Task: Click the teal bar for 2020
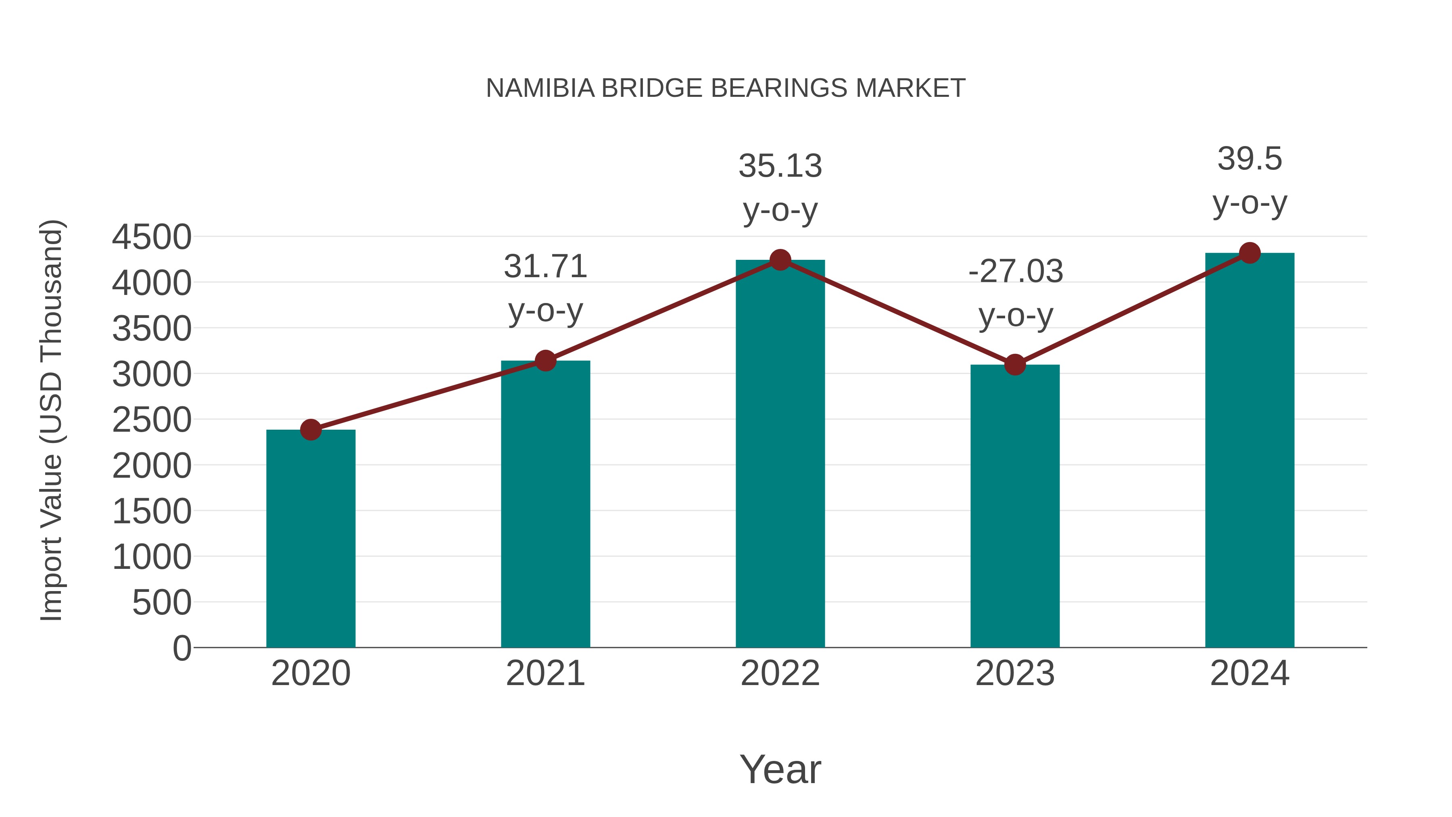311,539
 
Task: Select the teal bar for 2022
780,453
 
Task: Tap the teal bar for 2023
1015,506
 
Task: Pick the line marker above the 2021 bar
545,360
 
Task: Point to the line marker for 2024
1250,253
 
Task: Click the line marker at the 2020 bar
311,430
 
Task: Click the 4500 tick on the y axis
152,237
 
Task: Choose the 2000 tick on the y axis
152,466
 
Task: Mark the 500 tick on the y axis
162,603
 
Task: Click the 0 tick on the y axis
182,648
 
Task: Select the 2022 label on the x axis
780,673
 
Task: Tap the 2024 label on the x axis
1250,673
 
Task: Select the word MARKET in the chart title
910,88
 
